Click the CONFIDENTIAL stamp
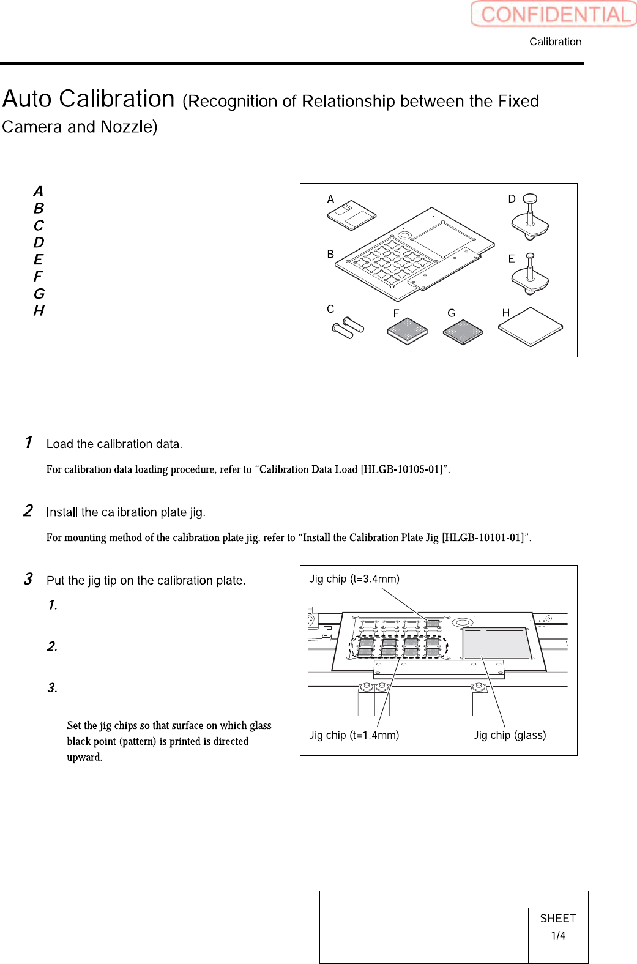point(554,14)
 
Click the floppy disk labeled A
point(351,215)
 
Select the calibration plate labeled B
point(416,254)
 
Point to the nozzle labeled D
point(530,217)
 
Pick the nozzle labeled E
point(530,274)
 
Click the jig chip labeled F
point(407,331)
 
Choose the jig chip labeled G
point(463,331)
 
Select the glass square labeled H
point(530,327)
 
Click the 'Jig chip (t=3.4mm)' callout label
point(354,579)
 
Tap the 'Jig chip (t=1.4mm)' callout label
point(354,735)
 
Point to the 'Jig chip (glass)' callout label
point(509,735)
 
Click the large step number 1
point(28,443)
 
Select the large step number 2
point(28,511)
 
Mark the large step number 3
point(28,579)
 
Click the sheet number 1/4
point(558,936)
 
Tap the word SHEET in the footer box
point(558,918)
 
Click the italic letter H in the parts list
point(39,311)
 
